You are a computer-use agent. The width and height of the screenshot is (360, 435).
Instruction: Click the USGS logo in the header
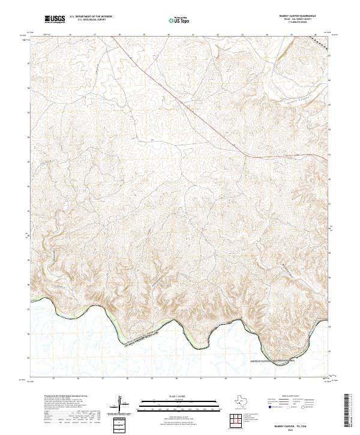tap(55, 20)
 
